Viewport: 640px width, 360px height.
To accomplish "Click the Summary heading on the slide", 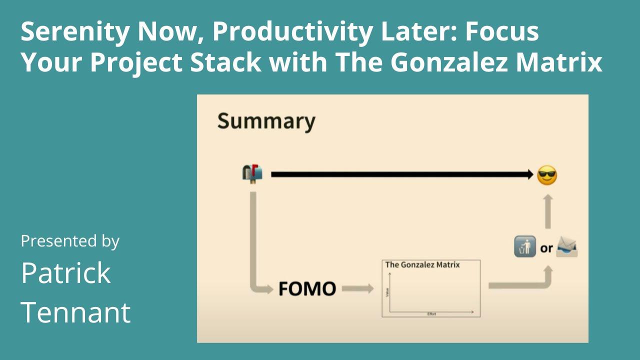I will coord(266,121).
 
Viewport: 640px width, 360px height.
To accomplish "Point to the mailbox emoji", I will coord(252,174).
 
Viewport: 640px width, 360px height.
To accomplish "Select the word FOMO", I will coord(307,289).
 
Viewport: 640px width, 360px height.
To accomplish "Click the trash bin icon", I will coord(525,247).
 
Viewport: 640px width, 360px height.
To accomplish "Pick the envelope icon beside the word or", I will coord(567,247).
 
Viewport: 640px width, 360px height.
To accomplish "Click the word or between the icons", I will coord(546,248).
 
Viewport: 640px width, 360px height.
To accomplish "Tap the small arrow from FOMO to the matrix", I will coord(357,288).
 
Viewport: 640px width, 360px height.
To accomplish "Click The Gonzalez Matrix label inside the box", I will coord(422,264).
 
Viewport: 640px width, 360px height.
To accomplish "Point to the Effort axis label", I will coord(431,314).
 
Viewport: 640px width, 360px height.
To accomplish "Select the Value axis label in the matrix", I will coord(387,291).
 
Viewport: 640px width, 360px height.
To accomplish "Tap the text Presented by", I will coord(70,241).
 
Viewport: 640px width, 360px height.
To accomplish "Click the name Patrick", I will coord(65,273).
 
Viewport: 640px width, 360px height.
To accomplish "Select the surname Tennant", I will coord(75,312).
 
